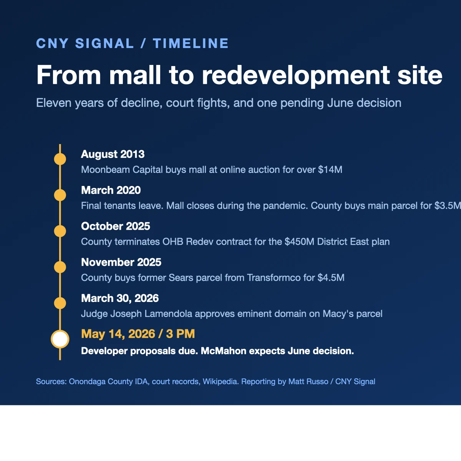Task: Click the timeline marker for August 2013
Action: pos(60,159)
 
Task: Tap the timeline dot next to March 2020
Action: pos(60,195)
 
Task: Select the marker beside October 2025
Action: pos(60,231)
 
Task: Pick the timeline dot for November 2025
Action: pos(60,267)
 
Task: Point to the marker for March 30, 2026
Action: pos(60,303)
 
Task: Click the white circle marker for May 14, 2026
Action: pos(60,339)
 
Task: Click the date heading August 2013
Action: pos(113,154)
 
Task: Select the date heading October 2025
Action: pos(115,226)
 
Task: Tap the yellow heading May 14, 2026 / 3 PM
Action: pos(138,334)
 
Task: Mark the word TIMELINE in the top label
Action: pos(191,43)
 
